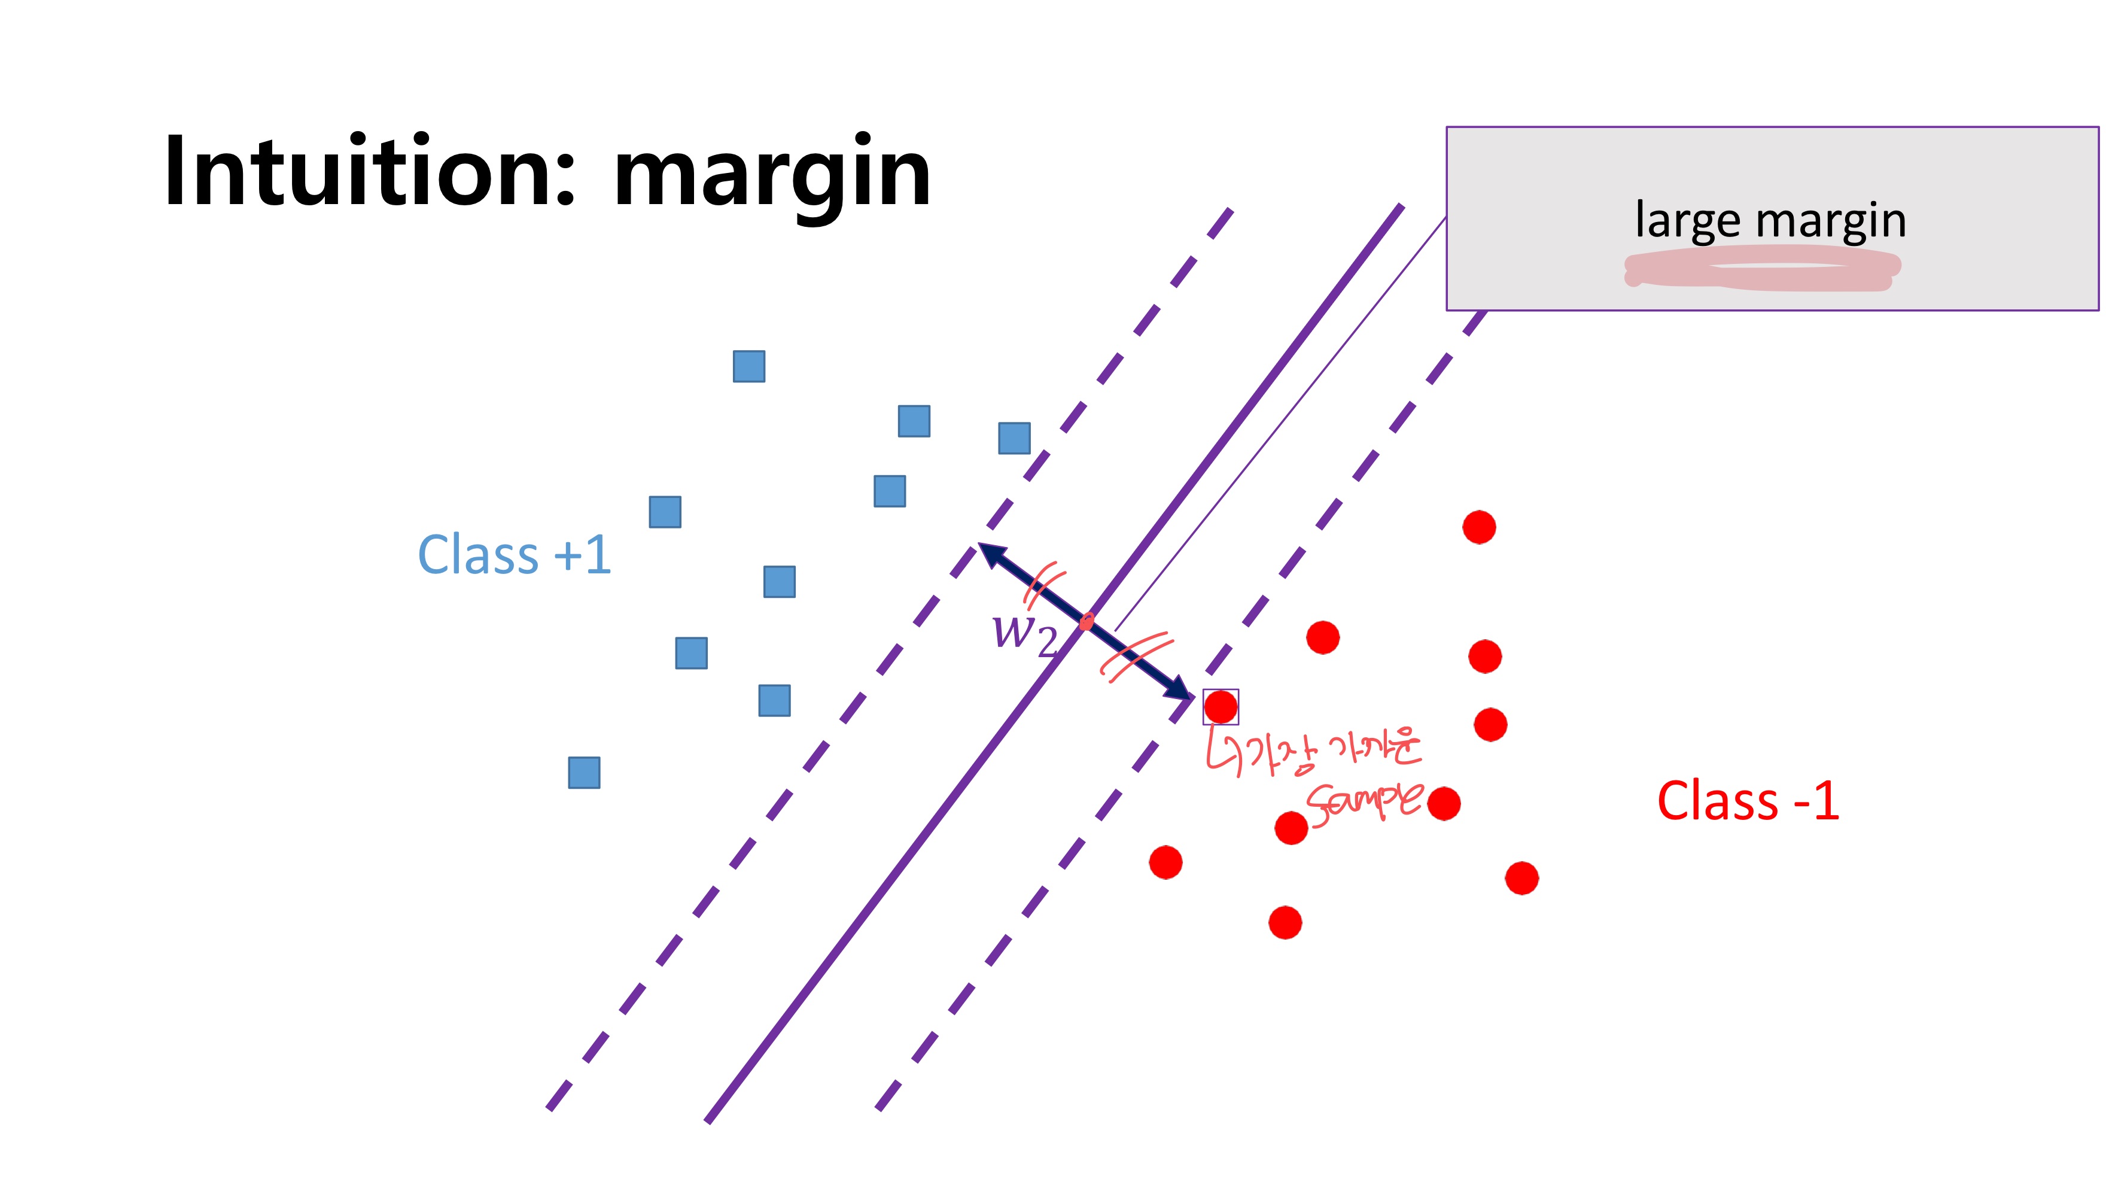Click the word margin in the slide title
[x=772, y=176]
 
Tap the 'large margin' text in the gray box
[x=1770, y=220]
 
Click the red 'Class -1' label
[x=1748, y=801]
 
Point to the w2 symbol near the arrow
[x=1024, y=634]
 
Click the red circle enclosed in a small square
[x=1221, y=707]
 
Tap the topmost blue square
[x=749, y=366]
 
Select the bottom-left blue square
[x=584, y=773]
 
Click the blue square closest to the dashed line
[x=1014, y=438]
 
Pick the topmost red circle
[x=1479, y=527]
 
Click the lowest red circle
[x=1285, y=922]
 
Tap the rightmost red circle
[x=1521, y=879]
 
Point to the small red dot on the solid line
[x=1087, y=622]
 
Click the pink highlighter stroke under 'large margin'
[x=1762, y=271]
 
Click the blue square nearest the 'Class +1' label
[x=665, y=512]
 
